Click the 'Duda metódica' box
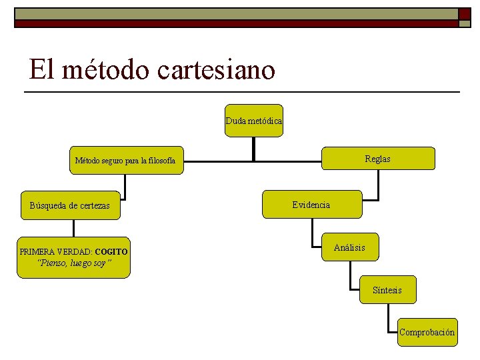[253, 121]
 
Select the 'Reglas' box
[378, 159]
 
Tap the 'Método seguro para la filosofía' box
[127, 161]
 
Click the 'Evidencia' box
[311, 205]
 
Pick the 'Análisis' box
[349, 248]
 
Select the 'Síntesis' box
[387, 290]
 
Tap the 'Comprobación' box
[427, 332]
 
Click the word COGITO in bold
[111, 252]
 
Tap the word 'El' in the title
[41, 69]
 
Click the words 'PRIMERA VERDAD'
[55, 252]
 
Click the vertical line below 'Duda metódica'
[253, 148]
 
